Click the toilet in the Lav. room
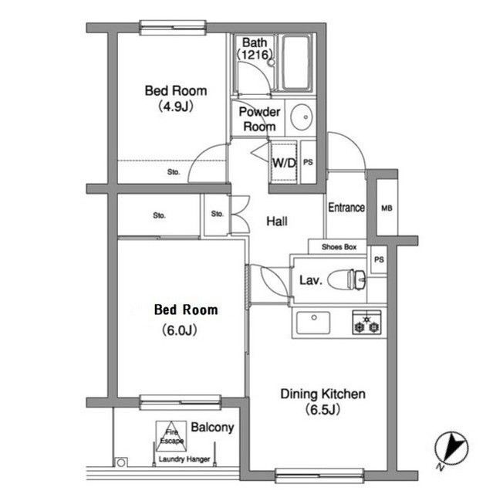[x=346, y=279]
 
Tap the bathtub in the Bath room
[x=295, y=63]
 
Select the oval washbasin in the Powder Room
[x=302, y=117]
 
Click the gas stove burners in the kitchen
[x=366, y=323]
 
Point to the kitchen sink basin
[x=313, y=323]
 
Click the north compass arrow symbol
[x=451, y=448]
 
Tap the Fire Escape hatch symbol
[x=171, y=436]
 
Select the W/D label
[x=284, y=163]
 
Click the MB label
[x=387, y=208]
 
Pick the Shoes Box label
[x=339, y=247]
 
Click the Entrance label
[x=346, y=208]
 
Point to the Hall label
[x=277, y=222]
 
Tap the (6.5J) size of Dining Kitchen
[x=322, y=410]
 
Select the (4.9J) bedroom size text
[x=175, y=107]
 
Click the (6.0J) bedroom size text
[x=180, y=330]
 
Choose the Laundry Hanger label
[x=184, y=459]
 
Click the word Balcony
[x=212, y=428]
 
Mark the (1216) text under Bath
[x=255, y=55]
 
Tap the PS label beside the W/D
[x=308, y=162]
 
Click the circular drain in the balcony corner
[x=120, y=463]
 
